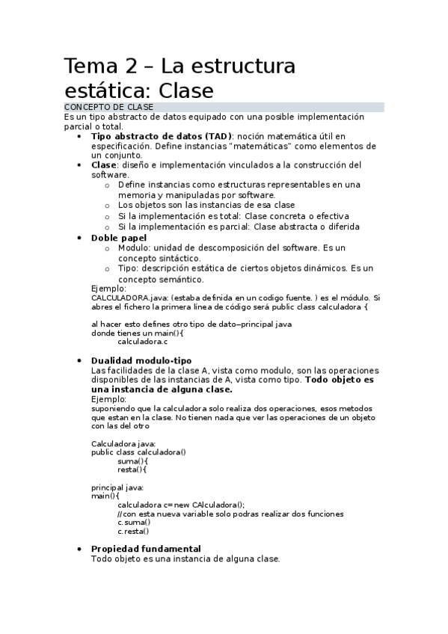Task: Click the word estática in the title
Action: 111,91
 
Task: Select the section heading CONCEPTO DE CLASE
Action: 108,108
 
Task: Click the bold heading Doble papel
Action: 118,237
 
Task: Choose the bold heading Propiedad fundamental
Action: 146,549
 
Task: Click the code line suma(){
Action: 132,461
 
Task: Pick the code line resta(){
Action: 132,470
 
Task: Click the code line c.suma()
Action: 133,523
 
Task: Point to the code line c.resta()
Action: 133,532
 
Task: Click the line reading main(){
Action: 105,496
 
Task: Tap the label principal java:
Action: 117,487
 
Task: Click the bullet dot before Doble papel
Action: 80,237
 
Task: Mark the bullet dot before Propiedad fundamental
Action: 80,549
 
